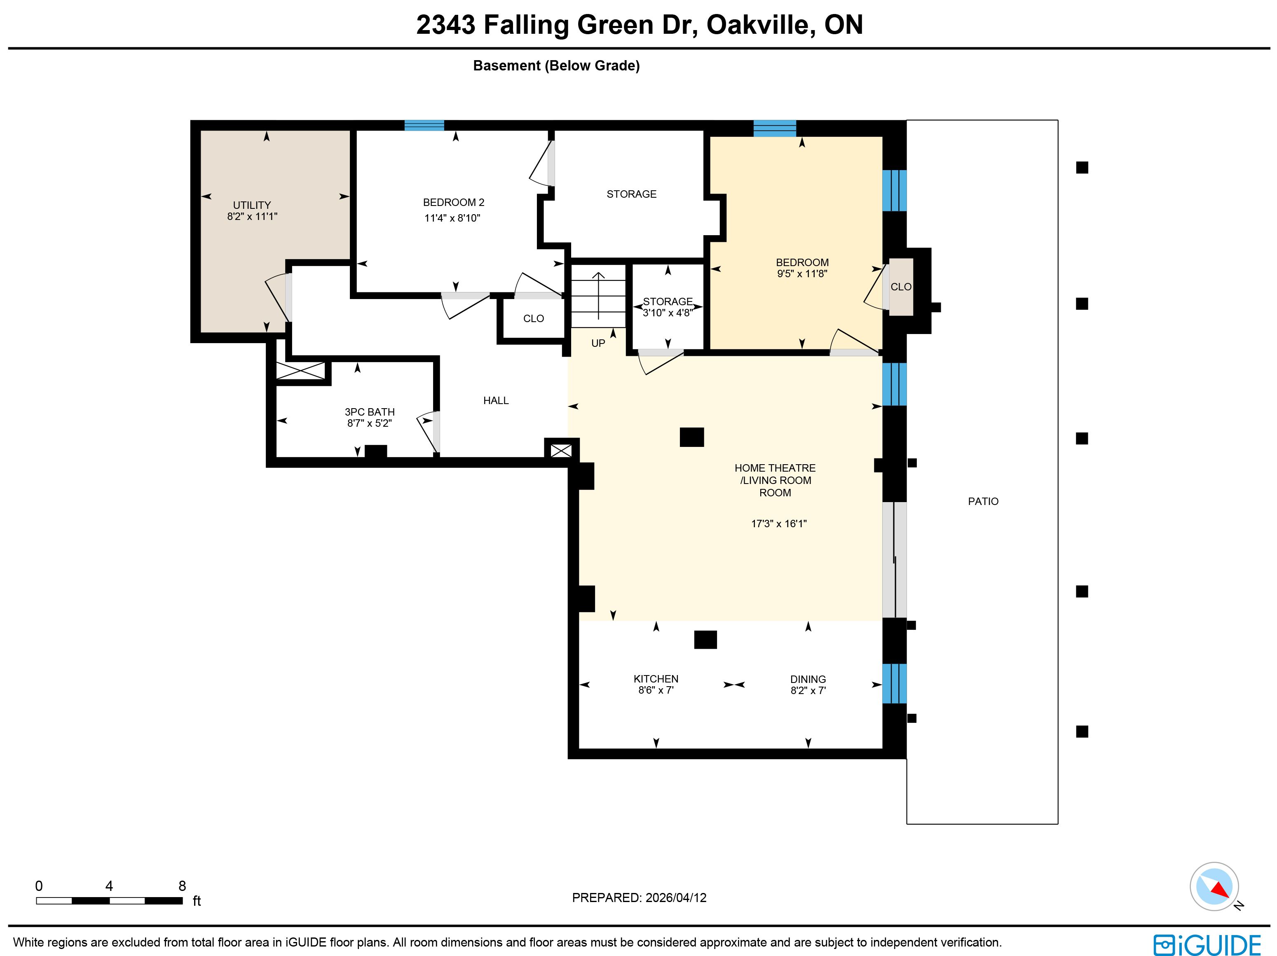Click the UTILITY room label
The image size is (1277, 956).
pos(252,206)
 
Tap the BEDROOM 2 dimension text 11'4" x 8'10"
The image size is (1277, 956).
pos(452,218)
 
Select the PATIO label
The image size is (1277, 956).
pos(983,501)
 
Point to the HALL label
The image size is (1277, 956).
pos(496,400)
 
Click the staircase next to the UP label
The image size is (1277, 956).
pos(599,295)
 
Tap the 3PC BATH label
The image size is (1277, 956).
pos(370,412)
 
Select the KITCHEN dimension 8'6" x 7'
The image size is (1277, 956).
pos(656,690)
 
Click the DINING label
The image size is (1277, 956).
pos(808,679)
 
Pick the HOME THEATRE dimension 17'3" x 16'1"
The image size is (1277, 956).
pos(779,524)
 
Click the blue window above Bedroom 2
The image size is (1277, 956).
pos(424,125)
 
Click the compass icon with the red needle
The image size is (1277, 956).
pos(1214,887)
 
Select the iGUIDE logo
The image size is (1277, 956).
pos(1207,945)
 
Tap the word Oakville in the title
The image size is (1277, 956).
pos(761,25)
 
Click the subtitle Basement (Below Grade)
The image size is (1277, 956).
pos(557,66)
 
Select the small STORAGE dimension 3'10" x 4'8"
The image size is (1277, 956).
pos(668,313)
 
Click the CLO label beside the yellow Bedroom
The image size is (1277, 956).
pos(901,287)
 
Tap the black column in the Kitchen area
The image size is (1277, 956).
pos(705,640)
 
